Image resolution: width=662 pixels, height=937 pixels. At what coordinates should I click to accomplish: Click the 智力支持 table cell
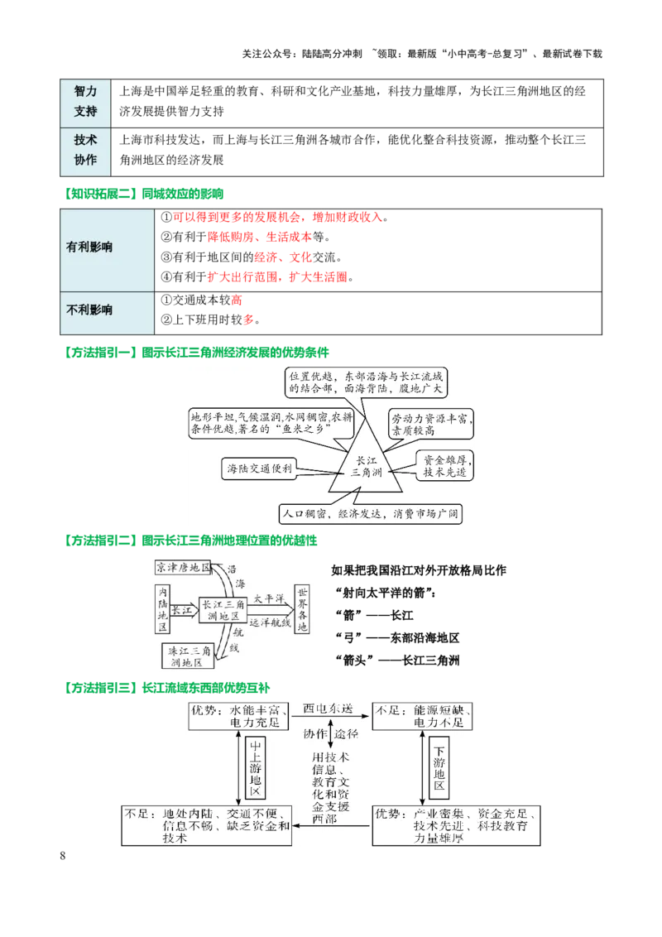pos(85,101)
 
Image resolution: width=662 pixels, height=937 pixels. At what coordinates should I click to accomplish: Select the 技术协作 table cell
pos(85,151)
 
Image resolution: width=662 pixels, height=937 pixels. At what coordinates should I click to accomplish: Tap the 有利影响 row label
pos(89,247)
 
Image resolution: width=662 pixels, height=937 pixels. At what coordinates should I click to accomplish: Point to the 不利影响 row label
pos(89,310)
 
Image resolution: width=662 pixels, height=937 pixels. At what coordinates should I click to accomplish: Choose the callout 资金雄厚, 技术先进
pos(445,466)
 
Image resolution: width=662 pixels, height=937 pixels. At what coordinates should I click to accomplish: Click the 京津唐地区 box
pos(184,569)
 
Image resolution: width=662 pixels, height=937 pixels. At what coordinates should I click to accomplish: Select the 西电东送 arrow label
pos(329,709)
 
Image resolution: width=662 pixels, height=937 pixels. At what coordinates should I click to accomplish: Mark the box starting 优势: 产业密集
pos(456,825)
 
